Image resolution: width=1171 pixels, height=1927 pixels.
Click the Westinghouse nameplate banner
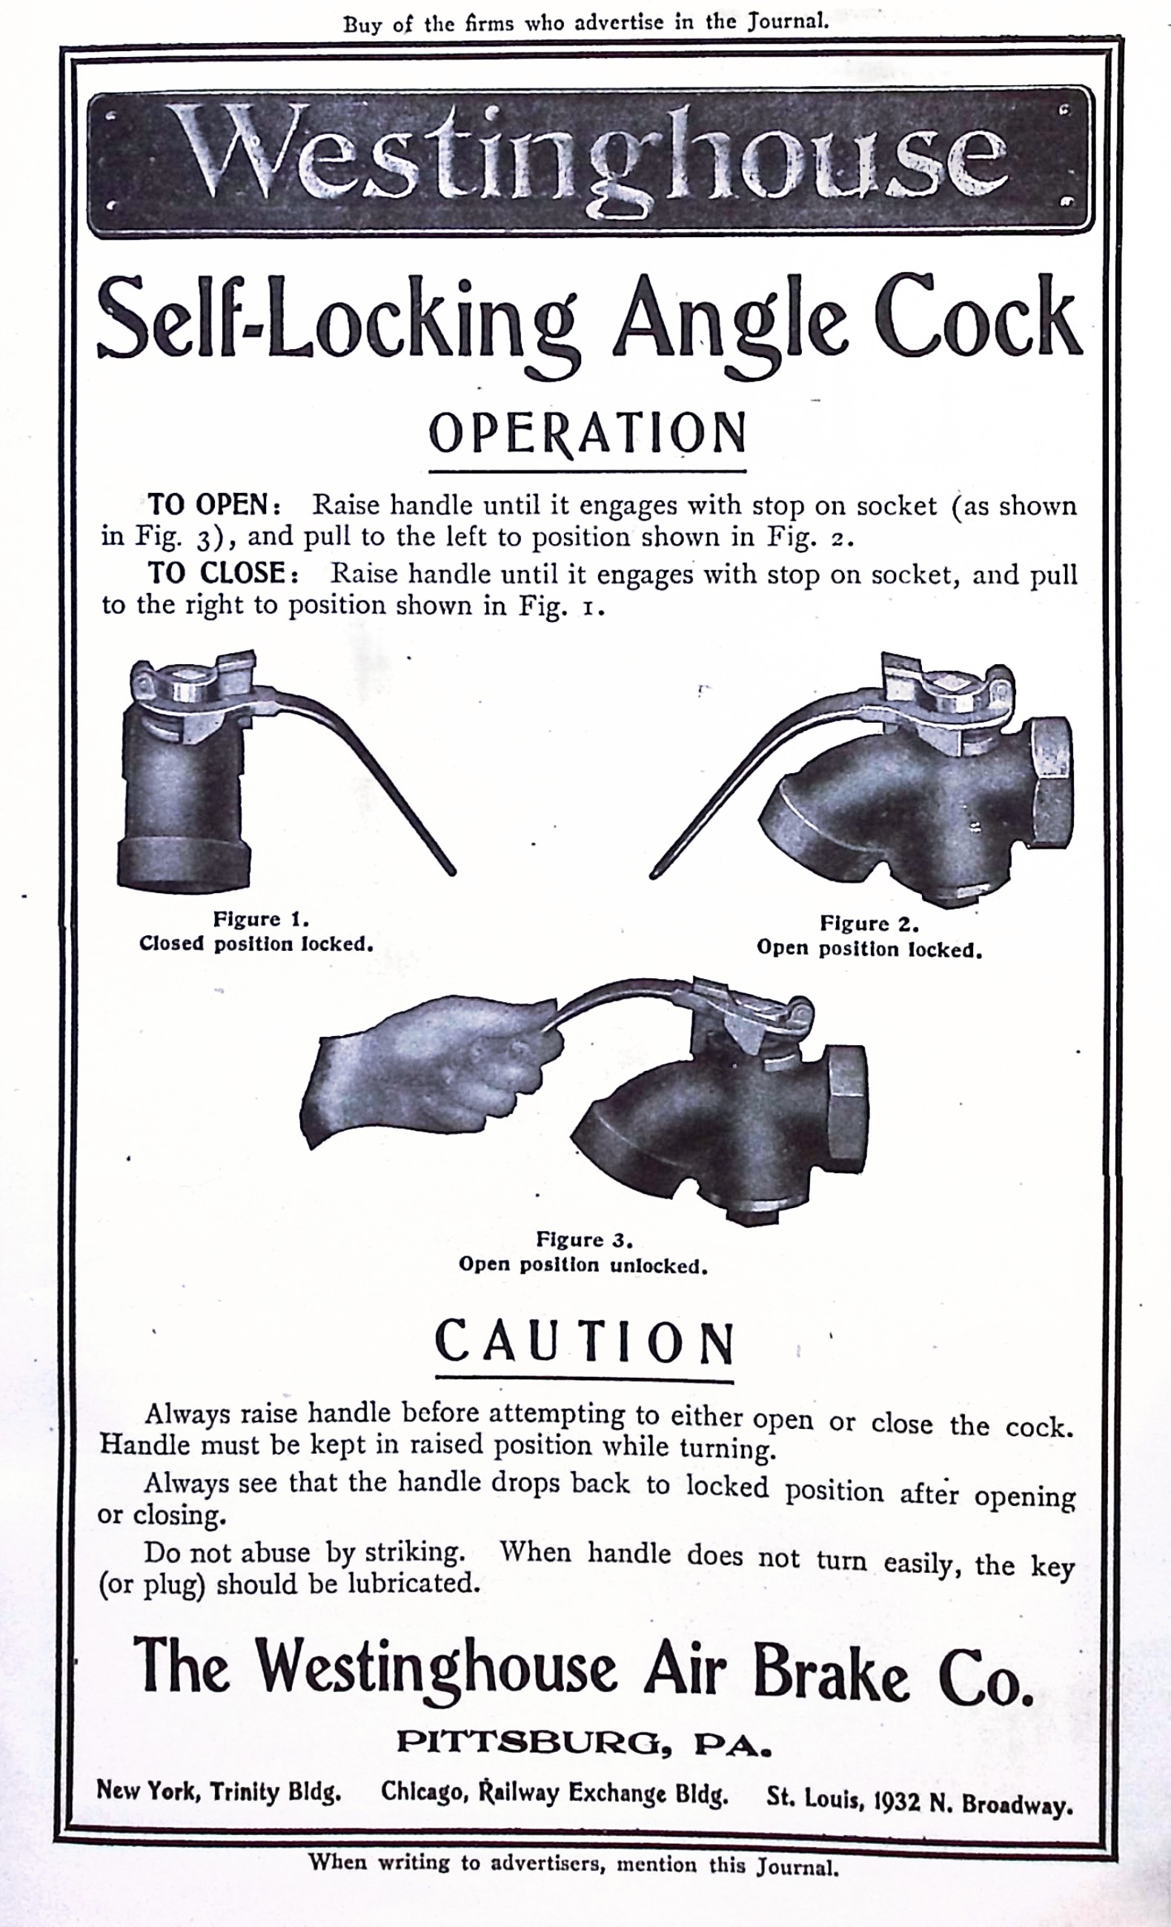point(591,161)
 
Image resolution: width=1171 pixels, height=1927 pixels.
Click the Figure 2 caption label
point(869,923)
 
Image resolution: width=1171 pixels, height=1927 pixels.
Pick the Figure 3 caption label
point(583,1239)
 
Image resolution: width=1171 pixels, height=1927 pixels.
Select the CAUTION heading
point(585,1343)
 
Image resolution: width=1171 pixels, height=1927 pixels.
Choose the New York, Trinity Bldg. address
point(219,1791)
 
